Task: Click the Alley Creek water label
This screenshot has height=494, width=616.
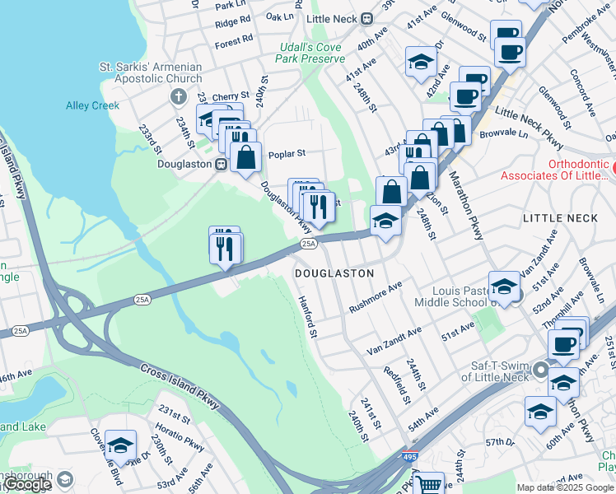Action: point(92,105)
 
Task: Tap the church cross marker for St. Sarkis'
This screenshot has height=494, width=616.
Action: point(177,97)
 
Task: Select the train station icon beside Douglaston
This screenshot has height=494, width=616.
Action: point(221,165)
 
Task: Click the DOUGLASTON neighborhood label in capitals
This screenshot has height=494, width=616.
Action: point(334,273)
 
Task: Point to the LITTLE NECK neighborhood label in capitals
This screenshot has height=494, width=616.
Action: point(558,218)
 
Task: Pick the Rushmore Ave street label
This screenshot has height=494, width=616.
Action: point(375,297)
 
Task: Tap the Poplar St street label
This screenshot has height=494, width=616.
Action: point(290,153)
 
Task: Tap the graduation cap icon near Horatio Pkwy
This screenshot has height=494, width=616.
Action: point(121,445)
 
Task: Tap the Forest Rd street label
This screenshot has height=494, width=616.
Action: point(235,40)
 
